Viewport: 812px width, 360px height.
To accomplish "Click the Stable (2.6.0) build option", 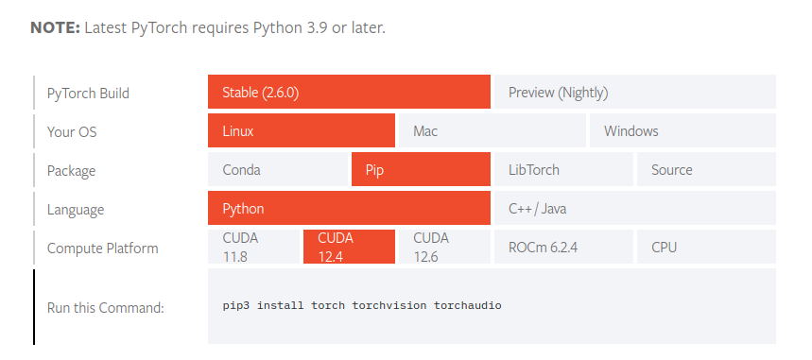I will coord(349,93).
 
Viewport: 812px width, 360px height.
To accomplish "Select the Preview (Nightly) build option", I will coord(633,93).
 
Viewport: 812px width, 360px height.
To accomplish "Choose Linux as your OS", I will coord(301,131).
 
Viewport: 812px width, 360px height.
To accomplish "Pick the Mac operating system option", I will coord(492,131).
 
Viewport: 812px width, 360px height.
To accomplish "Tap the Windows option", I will coord(682,131).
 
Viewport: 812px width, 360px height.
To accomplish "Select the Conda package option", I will coord(278,170).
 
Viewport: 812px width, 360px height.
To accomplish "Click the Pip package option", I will coord(420,170).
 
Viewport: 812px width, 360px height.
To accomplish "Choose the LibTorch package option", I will coord(562,170).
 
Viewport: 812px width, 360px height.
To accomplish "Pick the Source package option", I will coord(705,170).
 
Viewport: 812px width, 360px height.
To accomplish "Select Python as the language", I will coord(349,209).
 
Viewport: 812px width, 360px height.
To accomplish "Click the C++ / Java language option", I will coord(633,209).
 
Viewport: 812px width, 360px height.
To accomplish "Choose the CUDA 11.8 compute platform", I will coord(253,248).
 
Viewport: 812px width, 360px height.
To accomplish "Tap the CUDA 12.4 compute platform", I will coord(349,248).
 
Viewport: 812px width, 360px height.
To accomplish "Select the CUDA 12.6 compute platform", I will coord(443,248).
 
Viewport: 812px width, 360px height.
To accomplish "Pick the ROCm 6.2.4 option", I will coord(562,248).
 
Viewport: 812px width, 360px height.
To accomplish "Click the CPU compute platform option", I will coord(705,248).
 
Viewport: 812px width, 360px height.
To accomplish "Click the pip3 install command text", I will coord(362,306).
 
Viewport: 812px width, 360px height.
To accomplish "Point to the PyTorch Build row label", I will coord(88,94).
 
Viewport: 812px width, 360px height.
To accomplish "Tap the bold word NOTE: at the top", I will coord(55,27).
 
